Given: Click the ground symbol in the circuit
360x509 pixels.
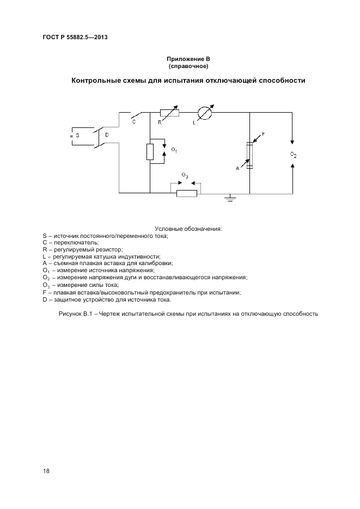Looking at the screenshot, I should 229,198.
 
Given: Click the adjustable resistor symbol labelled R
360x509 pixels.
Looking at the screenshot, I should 169,113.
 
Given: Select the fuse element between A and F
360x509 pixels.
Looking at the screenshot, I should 249,156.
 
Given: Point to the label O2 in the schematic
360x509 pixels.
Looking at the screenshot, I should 293,155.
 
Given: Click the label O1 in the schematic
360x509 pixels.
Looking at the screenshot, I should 174,149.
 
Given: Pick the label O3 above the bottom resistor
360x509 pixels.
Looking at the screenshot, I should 185,175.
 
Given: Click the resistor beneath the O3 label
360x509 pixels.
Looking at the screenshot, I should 186,193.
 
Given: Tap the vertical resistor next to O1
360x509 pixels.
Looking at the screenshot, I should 150,152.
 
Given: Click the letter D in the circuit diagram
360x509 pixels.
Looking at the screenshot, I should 107,134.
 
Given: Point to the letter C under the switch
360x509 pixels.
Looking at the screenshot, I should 133,122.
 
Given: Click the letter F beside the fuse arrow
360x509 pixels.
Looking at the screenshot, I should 263,133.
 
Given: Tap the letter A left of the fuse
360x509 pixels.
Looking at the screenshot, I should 237,169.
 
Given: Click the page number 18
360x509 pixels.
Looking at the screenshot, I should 46,470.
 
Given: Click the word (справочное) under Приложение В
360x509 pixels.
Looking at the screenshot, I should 188,66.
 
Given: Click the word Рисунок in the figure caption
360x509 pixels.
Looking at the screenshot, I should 70,314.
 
